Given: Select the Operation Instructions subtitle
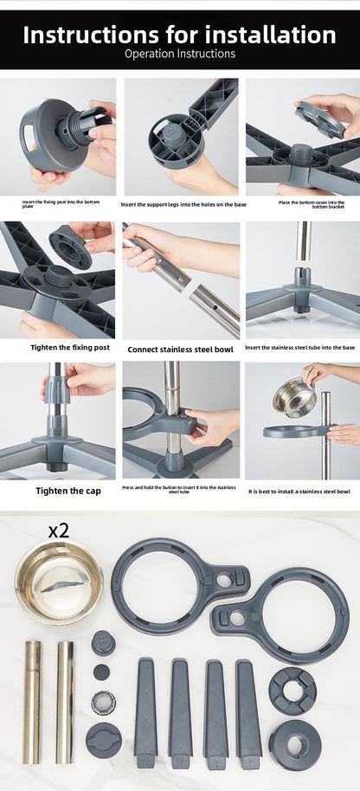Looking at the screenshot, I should (180, 54).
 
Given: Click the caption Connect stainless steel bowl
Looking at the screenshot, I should (180, 350).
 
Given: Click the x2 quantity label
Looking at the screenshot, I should (58, 530).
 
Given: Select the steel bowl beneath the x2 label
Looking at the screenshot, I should (59, 582).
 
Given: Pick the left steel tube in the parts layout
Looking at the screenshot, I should (32, 702).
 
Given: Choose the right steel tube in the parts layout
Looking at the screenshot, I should (65, 702).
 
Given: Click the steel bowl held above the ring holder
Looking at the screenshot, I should (294, 397).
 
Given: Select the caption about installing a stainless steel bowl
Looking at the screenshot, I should (299, 491).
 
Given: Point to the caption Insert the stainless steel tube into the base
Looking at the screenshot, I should (299, 348).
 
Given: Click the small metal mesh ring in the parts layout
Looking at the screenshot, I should (103, 702).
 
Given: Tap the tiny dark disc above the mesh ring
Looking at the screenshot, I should (102, 672).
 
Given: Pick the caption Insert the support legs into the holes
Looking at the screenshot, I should (183, 204).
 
